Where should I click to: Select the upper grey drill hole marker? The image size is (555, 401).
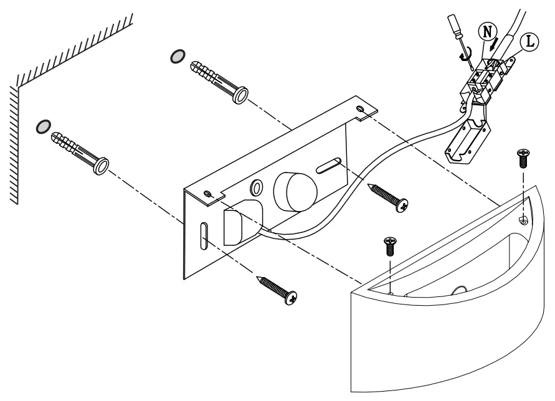click(178, 57)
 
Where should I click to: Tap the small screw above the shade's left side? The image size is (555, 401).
click(390, 245)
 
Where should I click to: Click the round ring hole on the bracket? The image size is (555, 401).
click(256, 187)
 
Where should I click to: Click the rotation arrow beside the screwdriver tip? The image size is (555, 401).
click(463, 54)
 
